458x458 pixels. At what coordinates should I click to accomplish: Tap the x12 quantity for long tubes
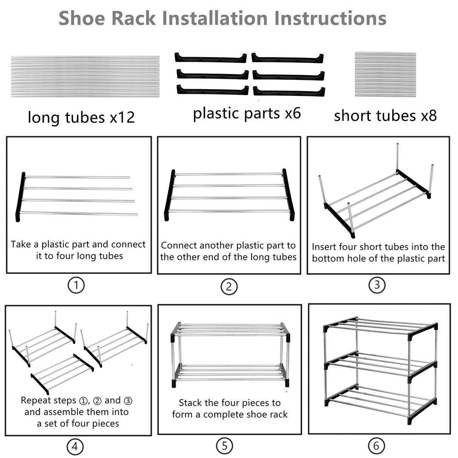click(122, 117)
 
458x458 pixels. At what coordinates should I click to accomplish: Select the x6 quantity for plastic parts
click(292, 113)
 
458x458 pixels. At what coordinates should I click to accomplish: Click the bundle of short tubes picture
click(385, 74)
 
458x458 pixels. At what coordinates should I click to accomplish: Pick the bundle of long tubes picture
click(85, 77)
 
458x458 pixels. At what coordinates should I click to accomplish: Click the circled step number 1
click(76, 285)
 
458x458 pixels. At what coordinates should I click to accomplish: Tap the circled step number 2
click(229, 287)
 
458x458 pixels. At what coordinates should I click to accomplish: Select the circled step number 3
click(377, 285)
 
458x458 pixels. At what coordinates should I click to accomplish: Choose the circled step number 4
click(75, 447)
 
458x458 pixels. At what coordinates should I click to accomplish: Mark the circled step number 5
click(224, 446)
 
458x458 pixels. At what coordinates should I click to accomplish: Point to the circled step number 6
click(376, 446)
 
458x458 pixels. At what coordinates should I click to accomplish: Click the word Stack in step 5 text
click(191, 403)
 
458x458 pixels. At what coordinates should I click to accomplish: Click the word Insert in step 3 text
click(323, 247)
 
